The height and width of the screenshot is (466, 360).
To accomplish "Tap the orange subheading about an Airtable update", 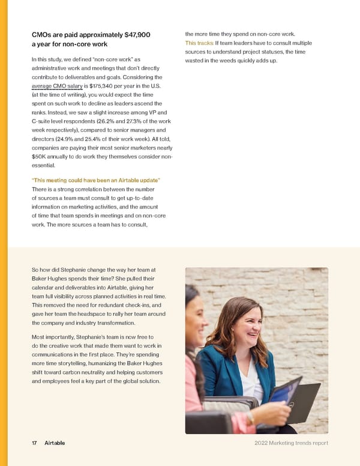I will (96, 181).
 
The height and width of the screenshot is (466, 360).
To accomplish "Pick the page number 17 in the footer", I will (34, 443).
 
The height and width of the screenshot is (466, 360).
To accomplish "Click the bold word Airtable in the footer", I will (55, 443).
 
